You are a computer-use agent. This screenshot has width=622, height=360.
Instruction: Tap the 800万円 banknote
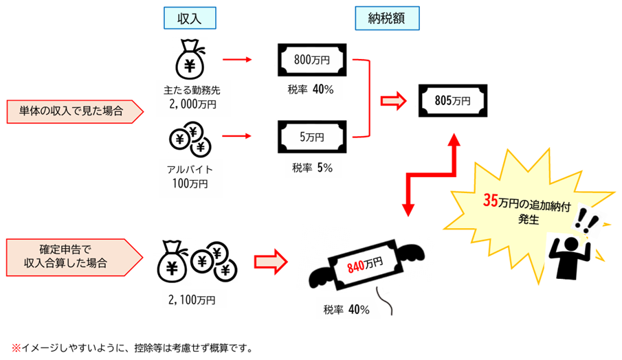[311, 60]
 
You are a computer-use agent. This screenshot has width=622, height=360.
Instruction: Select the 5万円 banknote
[311, 136]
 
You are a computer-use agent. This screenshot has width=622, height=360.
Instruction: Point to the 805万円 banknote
[453, 100]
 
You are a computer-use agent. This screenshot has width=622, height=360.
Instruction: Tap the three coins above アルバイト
[190, 140]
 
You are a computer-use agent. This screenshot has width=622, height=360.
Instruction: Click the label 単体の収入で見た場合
[73, 111]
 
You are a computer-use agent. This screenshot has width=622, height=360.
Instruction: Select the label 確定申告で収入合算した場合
[73, 256]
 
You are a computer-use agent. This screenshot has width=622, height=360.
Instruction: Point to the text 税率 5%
[312, 168]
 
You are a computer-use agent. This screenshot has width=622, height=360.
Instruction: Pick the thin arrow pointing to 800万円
[238, 60]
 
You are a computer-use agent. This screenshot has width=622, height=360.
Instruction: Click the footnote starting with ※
[131, 348]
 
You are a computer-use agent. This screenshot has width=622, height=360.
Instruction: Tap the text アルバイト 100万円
[189, 177]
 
